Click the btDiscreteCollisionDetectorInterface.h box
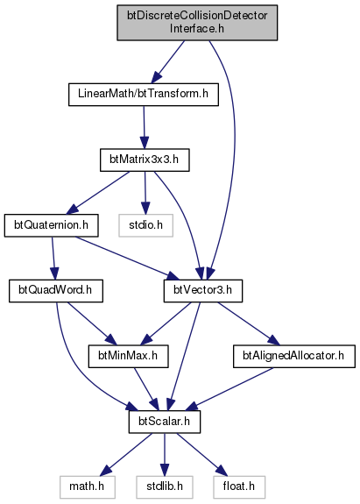pyautogui.click(x=197, y=23)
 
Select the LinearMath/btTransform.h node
pyautogui.click(x=144, y=95)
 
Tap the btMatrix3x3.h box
pyautogui.click(x=145, y=160)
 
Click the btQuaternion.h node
pyautogui.click(x=52, y=225)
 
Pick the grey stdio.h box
pyautogui.click(x=145, y=225)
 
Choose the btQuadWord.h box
pyautogui.click(x=56, y=291)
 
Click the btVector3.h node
pyautogui.click(x=203, y=291)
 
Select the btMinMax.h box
pyautogui.click(x=129, y=356)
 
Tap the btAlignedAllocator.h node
pyautogui.click(x=294, y=356)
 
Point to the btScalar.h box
pyautogui.click(x=165, y=422)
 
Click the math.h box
pyautogui.click(x=87, y=487)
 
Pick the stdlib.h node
pyautogui.click(x=165, y=487)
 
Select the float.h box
pyautogui.click(x=239, y=487)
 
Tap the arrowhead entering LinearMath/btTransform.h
pyautogui.click(x=157, y=78)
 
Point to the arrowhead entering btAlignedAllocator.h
pyautogui.click(x=272, y=340)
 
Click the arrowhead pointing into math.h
pyautogui.click(x=106, y=472)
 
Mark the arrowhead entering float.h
pyautogui.click(x=222, y=472)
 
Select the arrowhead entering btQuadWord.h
pyautogui.click(x=54, y=273)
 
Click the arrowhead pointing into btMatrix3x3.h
pyautogui.click(x=145, y=143)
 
